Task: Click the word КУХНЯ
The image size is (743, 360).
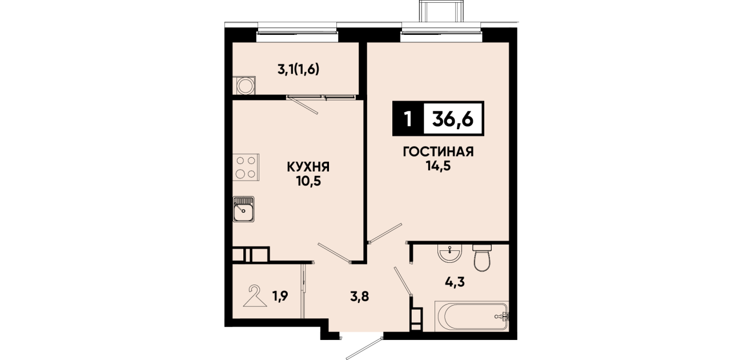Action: tap(308, 167)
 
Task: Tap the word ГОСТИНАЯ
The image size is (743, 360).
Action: tap(438, 151)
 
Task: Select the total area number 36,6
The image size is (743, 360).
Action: tap(453, 118)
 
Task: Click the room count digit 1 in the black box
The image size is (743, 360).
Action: tap(408, 119)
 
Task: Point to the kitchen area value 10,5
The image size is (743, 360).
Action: tap(309, 181)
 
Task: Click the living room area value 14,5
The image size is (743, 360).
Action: tap(438, 166)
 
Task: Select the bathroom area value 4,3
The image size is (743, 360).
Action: tap(455, 282)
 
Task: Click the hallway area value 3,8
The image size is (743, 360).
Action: tap(360, 297)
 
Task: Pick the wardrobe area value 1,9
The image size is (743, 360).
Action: tap(280, 296)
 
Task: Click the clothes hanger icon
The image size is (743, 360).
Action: tap(255, 296)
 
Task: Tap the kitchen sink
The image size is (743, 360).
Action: tap(243, 209)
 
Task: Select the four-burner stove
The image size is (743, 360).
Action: tap(246, 167)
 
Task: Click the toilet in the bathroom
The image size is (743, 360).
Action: tap(482, 258)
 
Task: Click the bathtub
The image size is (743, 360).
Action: tap(471, 316)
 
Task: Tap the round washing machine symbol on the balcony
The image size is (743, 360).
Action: tap(246, 86)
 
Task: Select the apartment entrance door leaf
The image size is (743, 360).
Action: tap(364, 349)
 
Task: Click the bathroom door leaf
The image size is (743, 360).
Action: tap(403, 281)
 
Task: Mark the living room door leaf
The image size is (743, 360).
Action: tap(385, 233)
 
